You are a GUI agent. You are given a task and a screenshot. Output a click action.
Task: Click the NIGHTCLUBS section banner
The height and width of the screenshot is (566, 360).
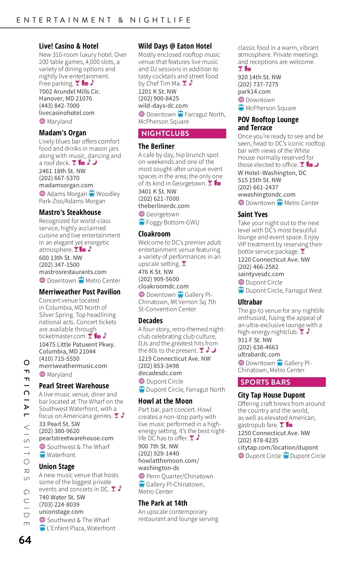pyautogui.click(x=182, y=134)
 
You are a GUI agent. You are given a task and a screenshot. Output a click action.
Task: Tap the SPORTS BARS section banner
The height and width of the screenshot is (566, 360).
pyautogui.click(x=281, y=382)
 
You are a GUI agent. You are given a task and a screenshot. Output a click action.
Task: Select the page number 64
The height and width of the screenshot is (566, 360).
pyautogui.click(x=25, y=540)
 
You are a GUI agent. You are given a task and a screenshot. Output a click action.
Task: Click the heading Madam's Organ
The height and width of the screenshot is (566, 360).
pyautogui.click(x=62, y=133)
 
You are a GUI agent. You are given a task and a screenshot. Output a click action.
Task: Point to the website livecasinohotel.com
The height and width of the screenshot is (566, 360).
pyautogui.click(x=67, y=113)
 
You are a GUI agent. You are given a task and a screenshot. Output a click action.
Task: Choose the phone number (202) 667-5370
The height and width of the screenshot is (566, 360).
pyautogui.click(x=59, y=178)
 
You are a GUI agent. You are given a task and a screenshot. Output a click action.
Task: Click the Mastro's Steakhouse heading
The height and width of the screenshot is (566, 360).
pyautogui.click(x=70, y=212)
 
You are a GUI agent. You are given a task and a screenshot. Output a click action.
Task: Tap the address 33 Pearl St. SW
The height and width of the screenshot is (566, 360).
pyautogui.click(x=59, y=424)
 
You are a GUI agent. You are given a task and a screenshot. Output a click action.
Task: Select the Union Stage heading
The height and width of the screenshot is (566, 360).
pyautogui.click(x=57, y=466)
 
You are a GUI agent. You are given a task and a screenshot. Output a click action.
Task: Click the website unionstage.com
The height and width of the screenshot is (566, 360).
pyautogui.click(x=61, y=512)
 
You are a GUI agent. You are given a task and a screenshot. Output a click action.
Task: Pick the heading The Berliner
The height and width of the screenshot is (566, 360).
pyautogui.click(x=156, y=146)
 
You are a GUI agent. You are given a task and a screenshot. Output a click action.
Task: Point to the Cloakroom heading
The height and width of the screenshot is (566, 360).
pyautogui.click(x=154, y=234)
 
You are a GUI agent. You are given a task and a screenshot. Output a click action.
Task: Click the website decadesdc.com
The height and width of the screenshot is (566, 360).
pyautogui.click(x=160, y=373)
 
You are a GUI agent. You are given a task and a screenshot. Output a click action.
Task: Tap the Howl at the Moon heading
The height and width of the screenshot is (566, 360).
pyautogui.click(x=165, y=401)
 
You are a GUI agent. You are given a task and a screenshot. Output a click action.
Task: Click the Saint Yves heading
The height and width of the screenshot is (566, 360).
pyautogui.click(x=253, y=214)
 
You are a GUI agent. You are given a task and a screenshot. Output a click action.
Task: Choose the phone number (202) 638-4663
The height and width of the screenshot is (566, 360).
pyautogui.click(x=258, y=347)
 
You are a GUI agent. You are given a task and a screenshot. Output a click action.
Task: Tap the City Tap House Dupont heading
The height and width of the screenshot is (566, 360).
pyautogui.click(x=271, y=395)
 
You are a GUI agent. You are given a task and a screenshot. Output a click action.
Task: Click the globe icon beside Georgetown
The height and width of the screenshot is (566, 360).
pyautogui.click(x=142, y=214)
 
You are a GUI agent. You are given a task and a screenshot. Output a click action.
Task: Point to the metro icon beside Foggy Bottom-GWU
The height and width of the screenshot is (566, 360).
pyautogui.click(x=142, y=222)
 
